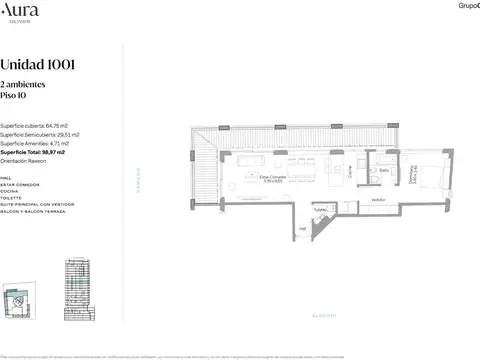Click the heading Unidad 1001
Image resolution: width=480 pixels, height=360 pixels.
pyautogui.click(x=38, y=65)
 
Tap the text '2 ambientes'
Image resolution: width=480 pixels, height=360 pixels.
pyautogui.click(x=22, y=88)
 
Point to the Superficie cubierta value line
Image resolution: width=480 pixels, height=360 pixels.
pyautogui.click(x=34, y=127)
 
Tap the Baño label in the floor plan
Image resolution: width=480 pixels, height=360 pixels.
pyautogui.click(x=384, y=171)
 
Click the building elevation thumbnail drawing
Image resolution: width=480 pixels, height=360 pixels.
pyautogui.click(x=77, y=287)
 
